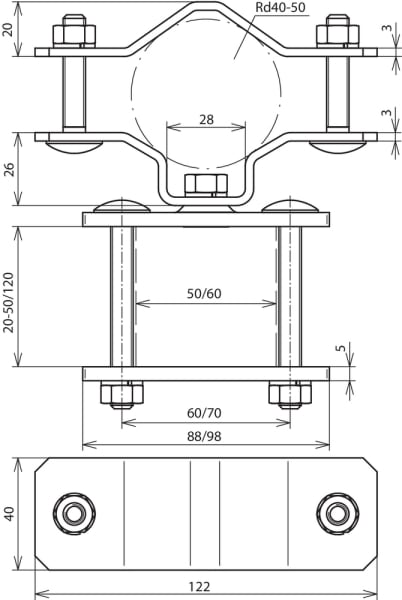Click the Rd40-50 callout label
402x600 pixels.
pos(280,7)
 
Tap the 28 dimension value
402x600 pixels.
pos(206,120)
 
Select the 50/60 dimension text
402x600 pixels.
pos(204,293)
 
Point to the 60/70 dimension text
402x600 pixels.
pos(204,413)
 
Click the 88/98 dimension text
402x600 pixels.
pos(204,436)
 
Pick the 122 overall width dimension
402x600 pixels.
pos(200,587)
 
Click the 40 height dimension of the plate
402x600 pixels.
pos(8,514)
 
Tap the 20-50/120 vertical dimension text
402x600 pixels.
pos(8,302)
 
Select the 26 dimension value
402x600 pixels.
pos(8,169)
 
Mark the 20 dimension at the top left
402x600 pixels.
pos(8,29)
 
